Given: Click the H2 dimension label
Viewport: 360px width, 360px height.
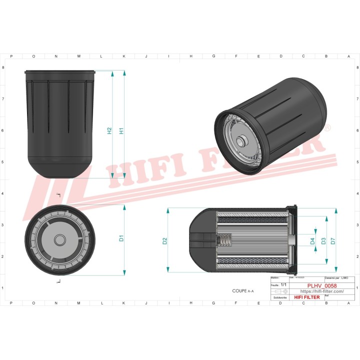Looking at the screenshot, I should pos(109,131).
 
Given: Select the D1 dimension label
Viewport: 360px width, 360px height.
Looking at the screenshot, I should pos(121,238).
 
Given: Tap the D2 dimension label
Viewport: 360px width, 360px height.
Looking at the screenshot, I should pos(165,241).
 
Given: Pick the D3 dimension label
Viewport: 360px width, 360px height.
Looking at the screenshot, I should pos(323,241).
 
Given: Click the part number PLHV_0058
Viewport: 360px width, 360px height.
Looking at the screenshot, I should pos(319,285).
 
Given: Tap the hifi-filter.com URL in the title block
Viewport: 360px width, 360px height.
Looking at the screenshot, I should pos(318,291).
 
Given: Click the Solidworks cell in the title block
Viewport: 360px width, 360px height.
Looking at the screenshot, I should pos(277,297).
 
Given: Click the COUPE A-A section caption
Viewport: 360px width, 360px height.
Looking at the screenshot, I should pos(243,290).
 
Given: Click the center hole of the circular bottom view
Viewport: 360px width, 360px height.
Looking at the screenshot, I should pos(59,239).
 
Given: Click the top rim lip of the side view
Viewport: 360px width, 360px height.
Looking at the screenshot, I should pos(59,72).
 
